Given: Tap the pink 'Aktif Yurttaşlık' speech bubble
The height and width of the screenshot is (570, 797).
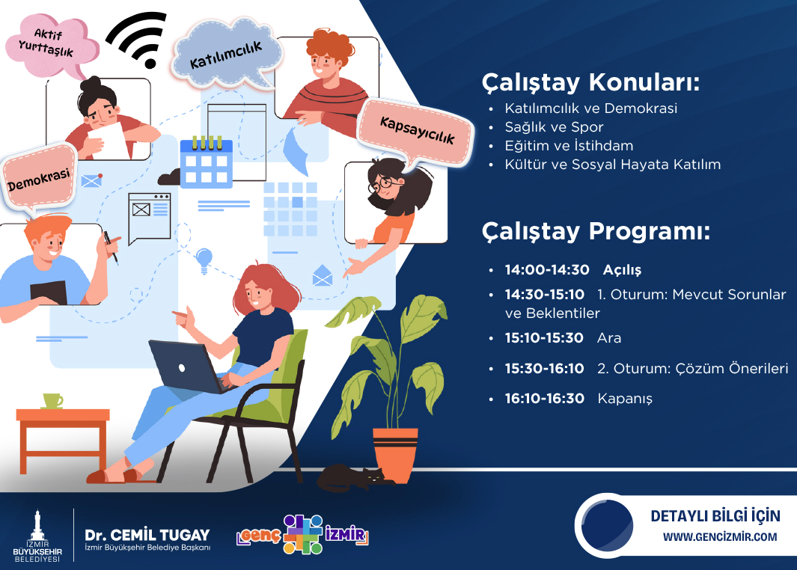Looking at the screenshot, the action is pos(50,46).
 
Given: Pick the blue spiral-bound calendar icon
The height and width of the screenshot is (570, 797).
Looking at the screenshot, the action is pos(207,162).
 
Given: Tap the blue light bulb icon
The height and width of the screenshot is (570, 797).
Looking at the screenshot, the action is pos(204,260).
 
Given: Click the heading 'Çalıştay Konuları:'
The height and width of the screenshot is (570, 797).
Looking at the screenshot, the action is pos(590,82).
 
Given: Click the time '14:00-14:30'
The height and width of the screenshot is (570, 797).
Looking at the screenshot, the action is pos(547,270).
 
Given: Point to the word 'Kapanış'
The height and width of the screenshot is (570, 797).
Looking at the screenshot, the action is pos(625,399).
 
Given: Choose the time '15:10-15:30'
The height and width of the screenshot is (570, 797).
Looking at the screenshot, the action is pos(544,338).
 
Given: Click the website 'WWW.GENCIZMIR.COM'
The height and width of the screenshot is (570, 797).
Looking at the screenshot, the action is pos(720,537).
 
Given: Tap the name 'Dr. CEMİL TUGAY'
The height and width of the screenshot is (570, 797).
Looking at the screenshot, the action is pos(147,535).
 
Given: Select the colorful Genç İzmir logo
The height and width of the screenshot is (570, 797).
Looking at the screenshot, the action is pos(302,534).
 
